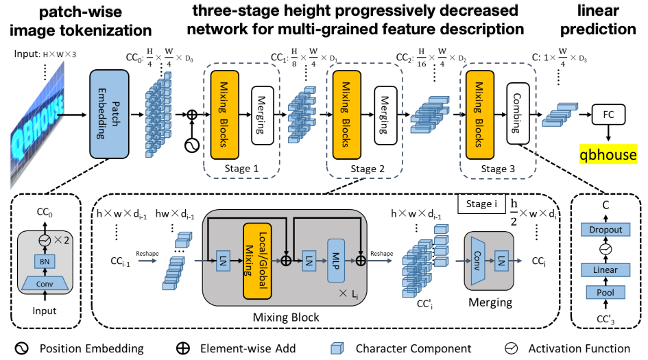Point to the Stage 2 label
pyautogui.click(x=363, y=169)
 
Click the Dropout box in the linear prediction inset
pyautogui.click(x=606, y=230)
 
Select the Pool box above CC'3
pyautogui.click(x=606, y=293)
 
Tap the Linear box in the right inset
pyautogui.click(x=606, y=270)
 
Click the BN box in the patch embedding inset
pyautogui.click(x=45, y=261)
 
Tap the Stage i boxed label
pyautogui.click(x=480, y=204)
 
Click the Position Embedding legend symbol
pyautogui.click(x=21, y=348)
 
